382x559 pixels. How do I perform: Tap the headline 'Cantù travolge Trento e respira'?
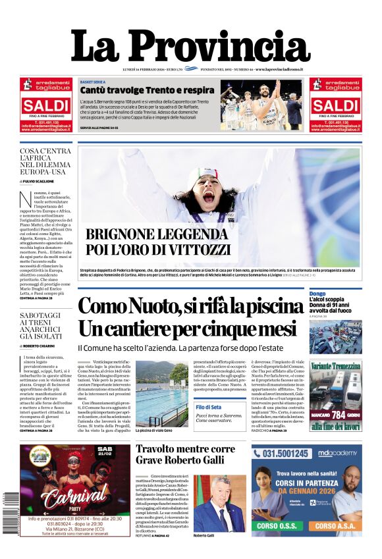[x=147, y=90]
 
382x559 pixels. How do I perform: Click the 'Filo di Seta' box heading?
[x=209, y=408]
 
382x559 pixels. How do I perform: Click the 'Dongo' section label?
[x=317, y=293]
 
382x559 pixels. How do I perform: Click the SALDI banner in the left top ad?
[x=45, y=105]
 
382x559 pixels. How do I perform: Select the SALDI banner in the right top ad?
[x=335, y=105]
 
